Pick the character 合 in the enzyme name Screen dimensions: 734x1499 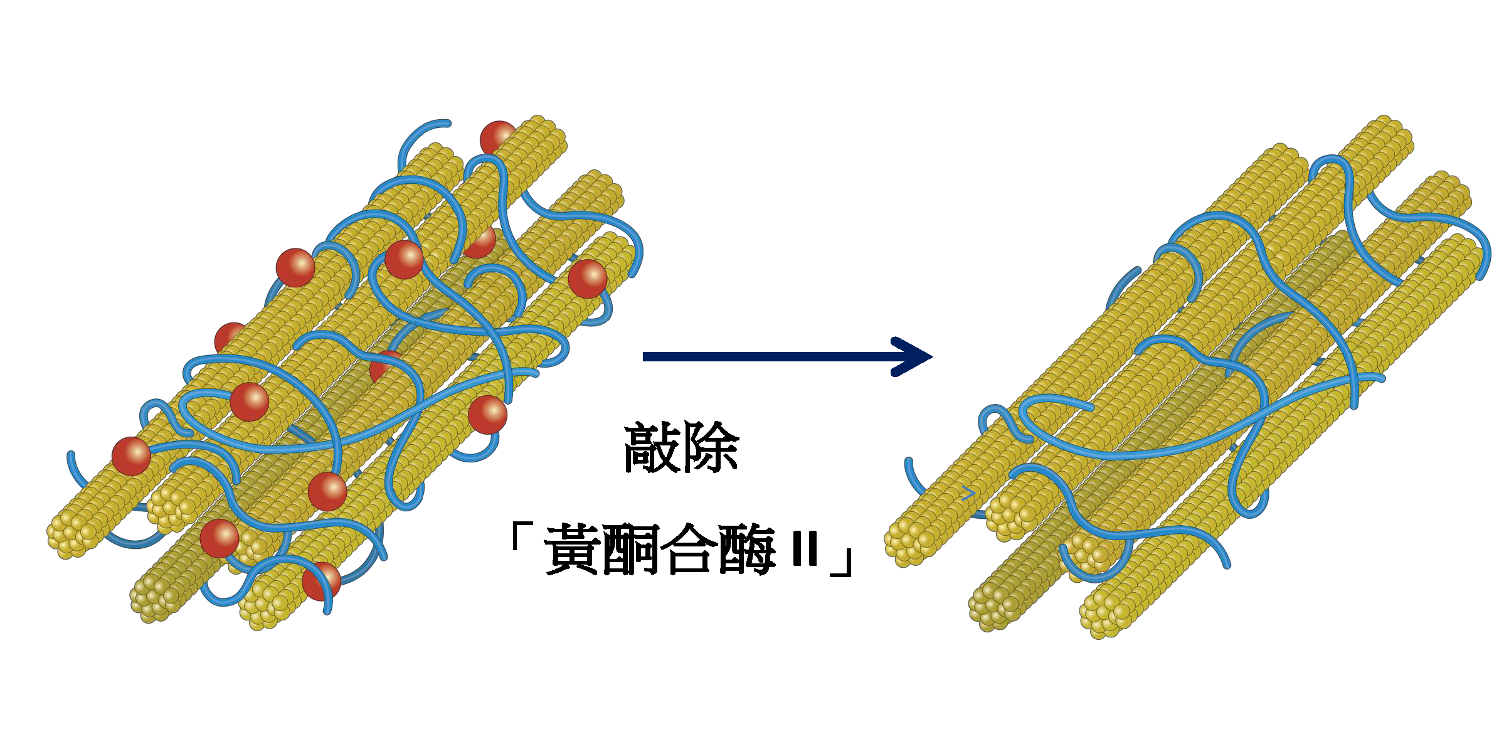pyautogui.click(x=689, y=550)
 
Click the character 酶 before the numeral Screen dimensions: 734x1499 pyautogui.click(x=746, y=550)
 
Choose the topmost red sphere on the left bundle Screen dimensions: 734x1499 pyautogui.click(x=499, y=138)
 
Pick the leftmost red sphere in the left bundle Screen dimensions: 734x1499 pyautogui.click(x=131, y=456)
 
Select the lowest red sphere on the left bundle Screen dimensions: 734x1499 pyautogui.click(x=321, y=581)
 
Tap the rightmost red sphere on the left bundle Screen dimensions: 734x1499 pyautogui.click(x=588, y=279)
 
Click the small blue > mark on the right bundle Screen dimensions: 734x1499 pyautogui.click(x=968, y=493)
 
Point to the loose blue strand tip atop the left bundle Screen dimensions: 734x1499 pyautogui.click(x=447, y=123)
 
